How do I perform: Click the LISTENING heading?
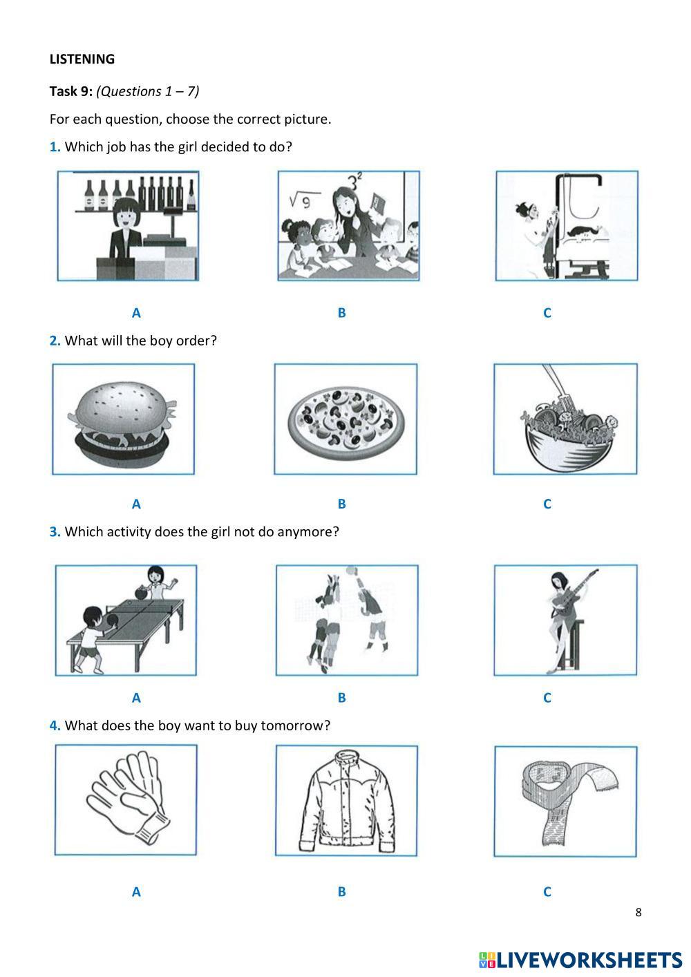(82, 59)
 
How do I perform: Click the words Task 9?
(70, 91)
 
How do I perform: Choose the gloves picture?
(126, 799)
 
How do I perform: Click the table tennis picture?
(126, 620)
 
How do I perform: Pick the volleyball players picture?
(347, 620)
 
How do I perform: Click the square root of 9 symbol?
(301, 200)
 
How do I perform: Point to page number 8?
(638, 912)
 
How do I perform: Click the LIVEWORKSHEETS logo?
(580, 960)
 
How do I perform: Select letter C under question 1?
(547, 313)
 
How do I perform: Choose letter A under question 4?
(136, 891)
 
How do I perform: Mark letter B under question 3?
(341, 697)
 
